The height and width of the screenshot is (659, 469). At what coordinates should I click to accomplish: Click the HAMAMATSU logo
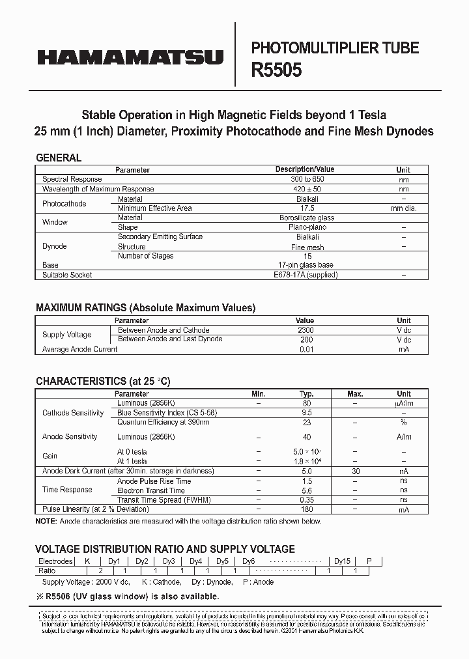130,57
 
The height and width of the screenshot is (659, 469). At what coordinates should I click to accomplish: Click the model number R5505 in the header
277,70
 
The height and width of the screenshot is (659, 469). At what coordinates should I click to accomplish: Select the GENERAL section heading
59,158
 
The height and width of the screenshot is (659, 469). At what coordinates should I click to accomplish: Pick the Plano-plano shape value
307,227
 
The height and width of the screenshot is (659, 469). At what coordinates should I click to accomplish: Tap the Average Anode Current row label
80,349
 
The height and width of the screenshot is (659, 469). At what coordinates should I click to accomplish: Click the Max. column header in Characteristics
355,394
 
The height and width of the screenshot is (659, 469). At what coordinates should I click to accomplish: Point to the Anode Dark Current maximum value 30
355,471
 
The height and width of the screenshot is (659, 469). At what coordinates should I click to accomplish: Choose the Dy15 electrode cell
342,561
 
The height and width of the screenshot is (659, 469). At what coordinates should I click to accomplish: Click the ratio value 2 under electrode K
100,570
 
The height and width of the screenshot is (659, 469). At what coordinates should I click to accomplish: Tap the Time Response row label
68,490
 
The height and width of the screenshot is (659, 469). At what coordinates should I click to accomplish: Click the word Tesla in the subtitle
370,115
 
